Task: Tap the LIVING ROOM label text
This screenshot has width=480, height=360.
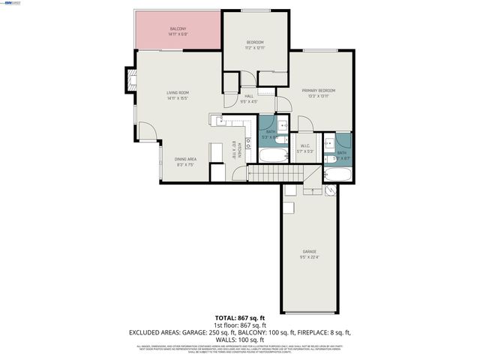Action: point(177,92)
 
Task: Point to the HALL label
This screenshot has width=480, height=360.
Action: point(249,96)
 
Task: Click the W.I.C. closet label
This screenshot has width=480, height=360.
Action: point(304,145)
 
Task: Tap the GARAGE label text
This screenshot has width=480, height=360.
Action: point(309,251)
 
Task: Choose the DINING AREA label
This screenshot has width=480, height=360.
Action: point(185,158)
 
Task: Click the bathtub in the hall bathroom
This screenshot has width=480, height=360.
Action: point(273,155)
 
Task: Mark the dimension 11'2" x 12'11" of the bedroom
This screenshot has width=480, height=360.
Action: point(255,47)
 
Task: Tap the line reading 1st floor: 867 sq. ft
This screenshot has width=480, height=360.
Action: point(239,325)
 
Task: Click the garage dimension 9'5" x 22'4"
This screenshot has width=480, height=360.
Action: point(309,256)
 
